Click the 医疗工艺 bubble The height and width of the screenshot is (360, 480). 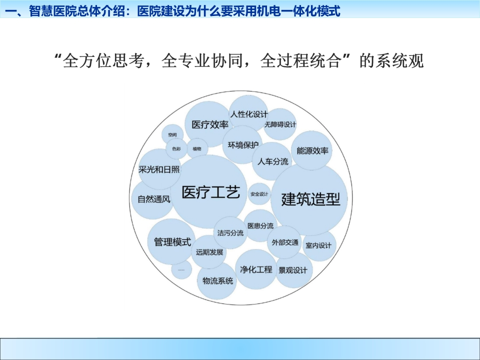[209, 191]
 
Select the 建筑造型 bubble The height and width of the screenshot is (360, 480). [309, 199]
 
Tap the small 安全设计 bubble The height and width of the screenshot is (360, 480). [259, 194]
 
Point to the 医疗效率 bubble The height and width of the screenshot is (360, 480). [209, 124]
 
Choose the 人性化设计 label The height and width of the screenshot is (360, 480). [249, 114]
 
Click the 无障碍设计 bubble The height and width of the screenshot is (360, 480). [280, 124]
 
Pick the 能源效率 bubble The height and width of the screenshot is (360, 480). [311, 150]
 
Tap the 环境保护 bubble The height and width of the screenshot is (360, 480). [242, 144]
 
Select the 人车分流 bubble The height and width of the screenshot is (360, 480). [272, 161]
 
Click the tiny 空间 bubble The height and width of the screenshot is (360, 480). [172, 134]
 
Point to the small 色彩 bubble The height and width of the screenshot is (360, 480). [176, 149]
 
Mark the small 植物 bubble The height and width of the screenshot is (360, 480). [197, 149]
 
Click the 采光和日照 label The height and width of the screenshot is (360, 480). [159, 169]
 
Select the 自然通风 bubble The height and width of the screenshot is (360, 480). [153, 199]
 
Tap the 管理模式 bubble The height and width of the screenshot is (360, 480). [172, 241]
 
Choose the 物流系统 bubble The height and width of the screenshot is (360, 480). [217, 280]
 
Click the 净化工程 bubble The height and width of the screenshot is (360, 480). [256, 269]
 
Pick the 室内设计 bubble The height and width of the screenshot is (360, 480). [318, 245]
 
